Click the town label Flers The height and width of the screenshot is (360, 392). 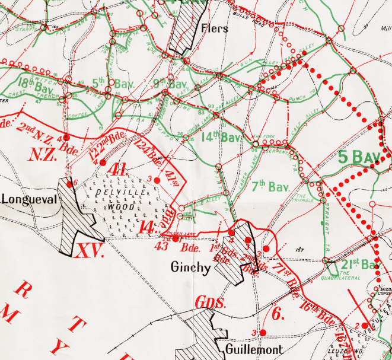tap(214, 28)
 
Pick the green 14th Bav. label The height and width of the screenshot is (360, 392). tap(224, 138)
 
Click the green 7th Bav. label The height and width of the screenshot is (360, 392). tap(269, 187)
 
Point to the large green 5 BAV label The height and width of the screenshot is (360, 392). tap(365, 157)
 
